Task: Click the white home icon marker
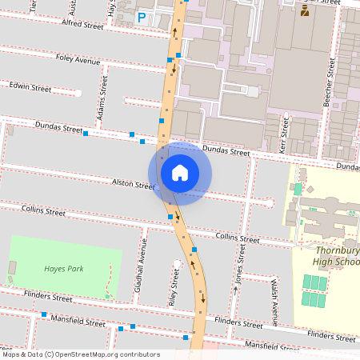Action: (180, 172)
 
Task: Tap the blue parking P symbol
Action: (142, 17)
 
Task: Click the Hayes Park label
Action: (64, 269)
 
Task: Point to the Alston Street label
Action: (133, 184)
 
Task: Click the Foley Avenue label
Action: (78, 60)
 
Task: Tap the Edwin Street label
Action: (30, 85)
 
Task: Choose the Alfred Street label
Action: (82, 26)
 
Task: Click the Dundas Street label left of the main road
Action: (58, 127)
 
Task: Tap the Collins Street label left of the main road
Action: (44, 211)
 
